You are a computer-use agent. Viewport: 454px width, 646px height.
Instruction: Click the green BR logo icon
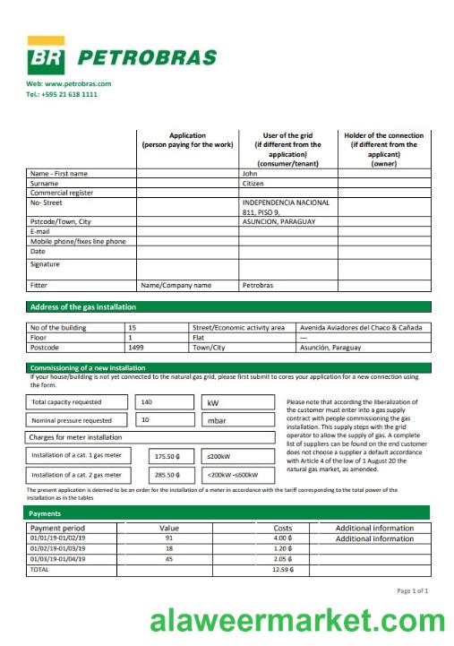(x=45, y=56)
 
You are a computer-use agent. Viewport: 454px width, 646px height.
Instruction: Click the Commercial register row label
(x=62, y=193)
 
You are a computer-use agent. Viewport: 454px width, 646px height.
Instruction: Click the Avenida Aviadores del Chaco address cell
(x=360, y=328)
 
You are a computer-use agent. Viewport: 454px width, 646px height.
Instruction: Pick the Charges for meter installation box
(x=77, y=437)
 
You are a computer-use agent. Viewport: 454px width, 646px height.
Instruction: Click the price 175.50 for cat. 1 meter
(x=167, y=455)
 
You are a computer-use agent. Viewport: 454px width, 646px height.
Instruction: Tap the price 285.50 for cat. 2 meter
(x=167, y=475)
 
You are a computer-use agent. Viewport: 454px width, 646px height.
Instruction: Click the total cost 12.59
(x=282, y=569)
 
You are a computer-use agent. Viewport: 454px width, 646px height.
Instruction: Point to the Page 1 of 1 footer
(x=412, y=590)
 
